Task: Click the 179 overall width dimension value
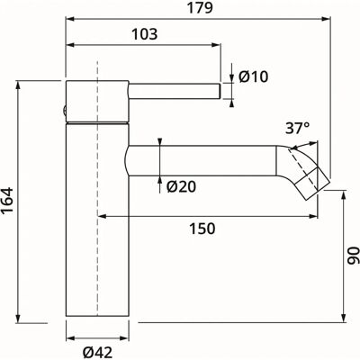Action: (200, 8)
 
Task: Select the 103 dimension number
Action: (145, 34)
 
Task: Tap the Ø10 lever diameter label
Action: (253, 77)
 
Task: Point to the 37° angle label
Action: (297, 129)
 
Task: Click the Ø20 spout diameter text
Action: (181, 187)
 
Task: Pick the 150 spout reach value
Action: (202, 229)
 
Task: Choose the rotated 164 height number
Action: (7, 201)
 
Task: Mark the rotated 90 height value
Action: (353, 256)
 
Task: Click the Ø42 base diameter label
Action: (98, 352)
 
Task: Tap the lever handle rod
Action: (175, 91)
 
